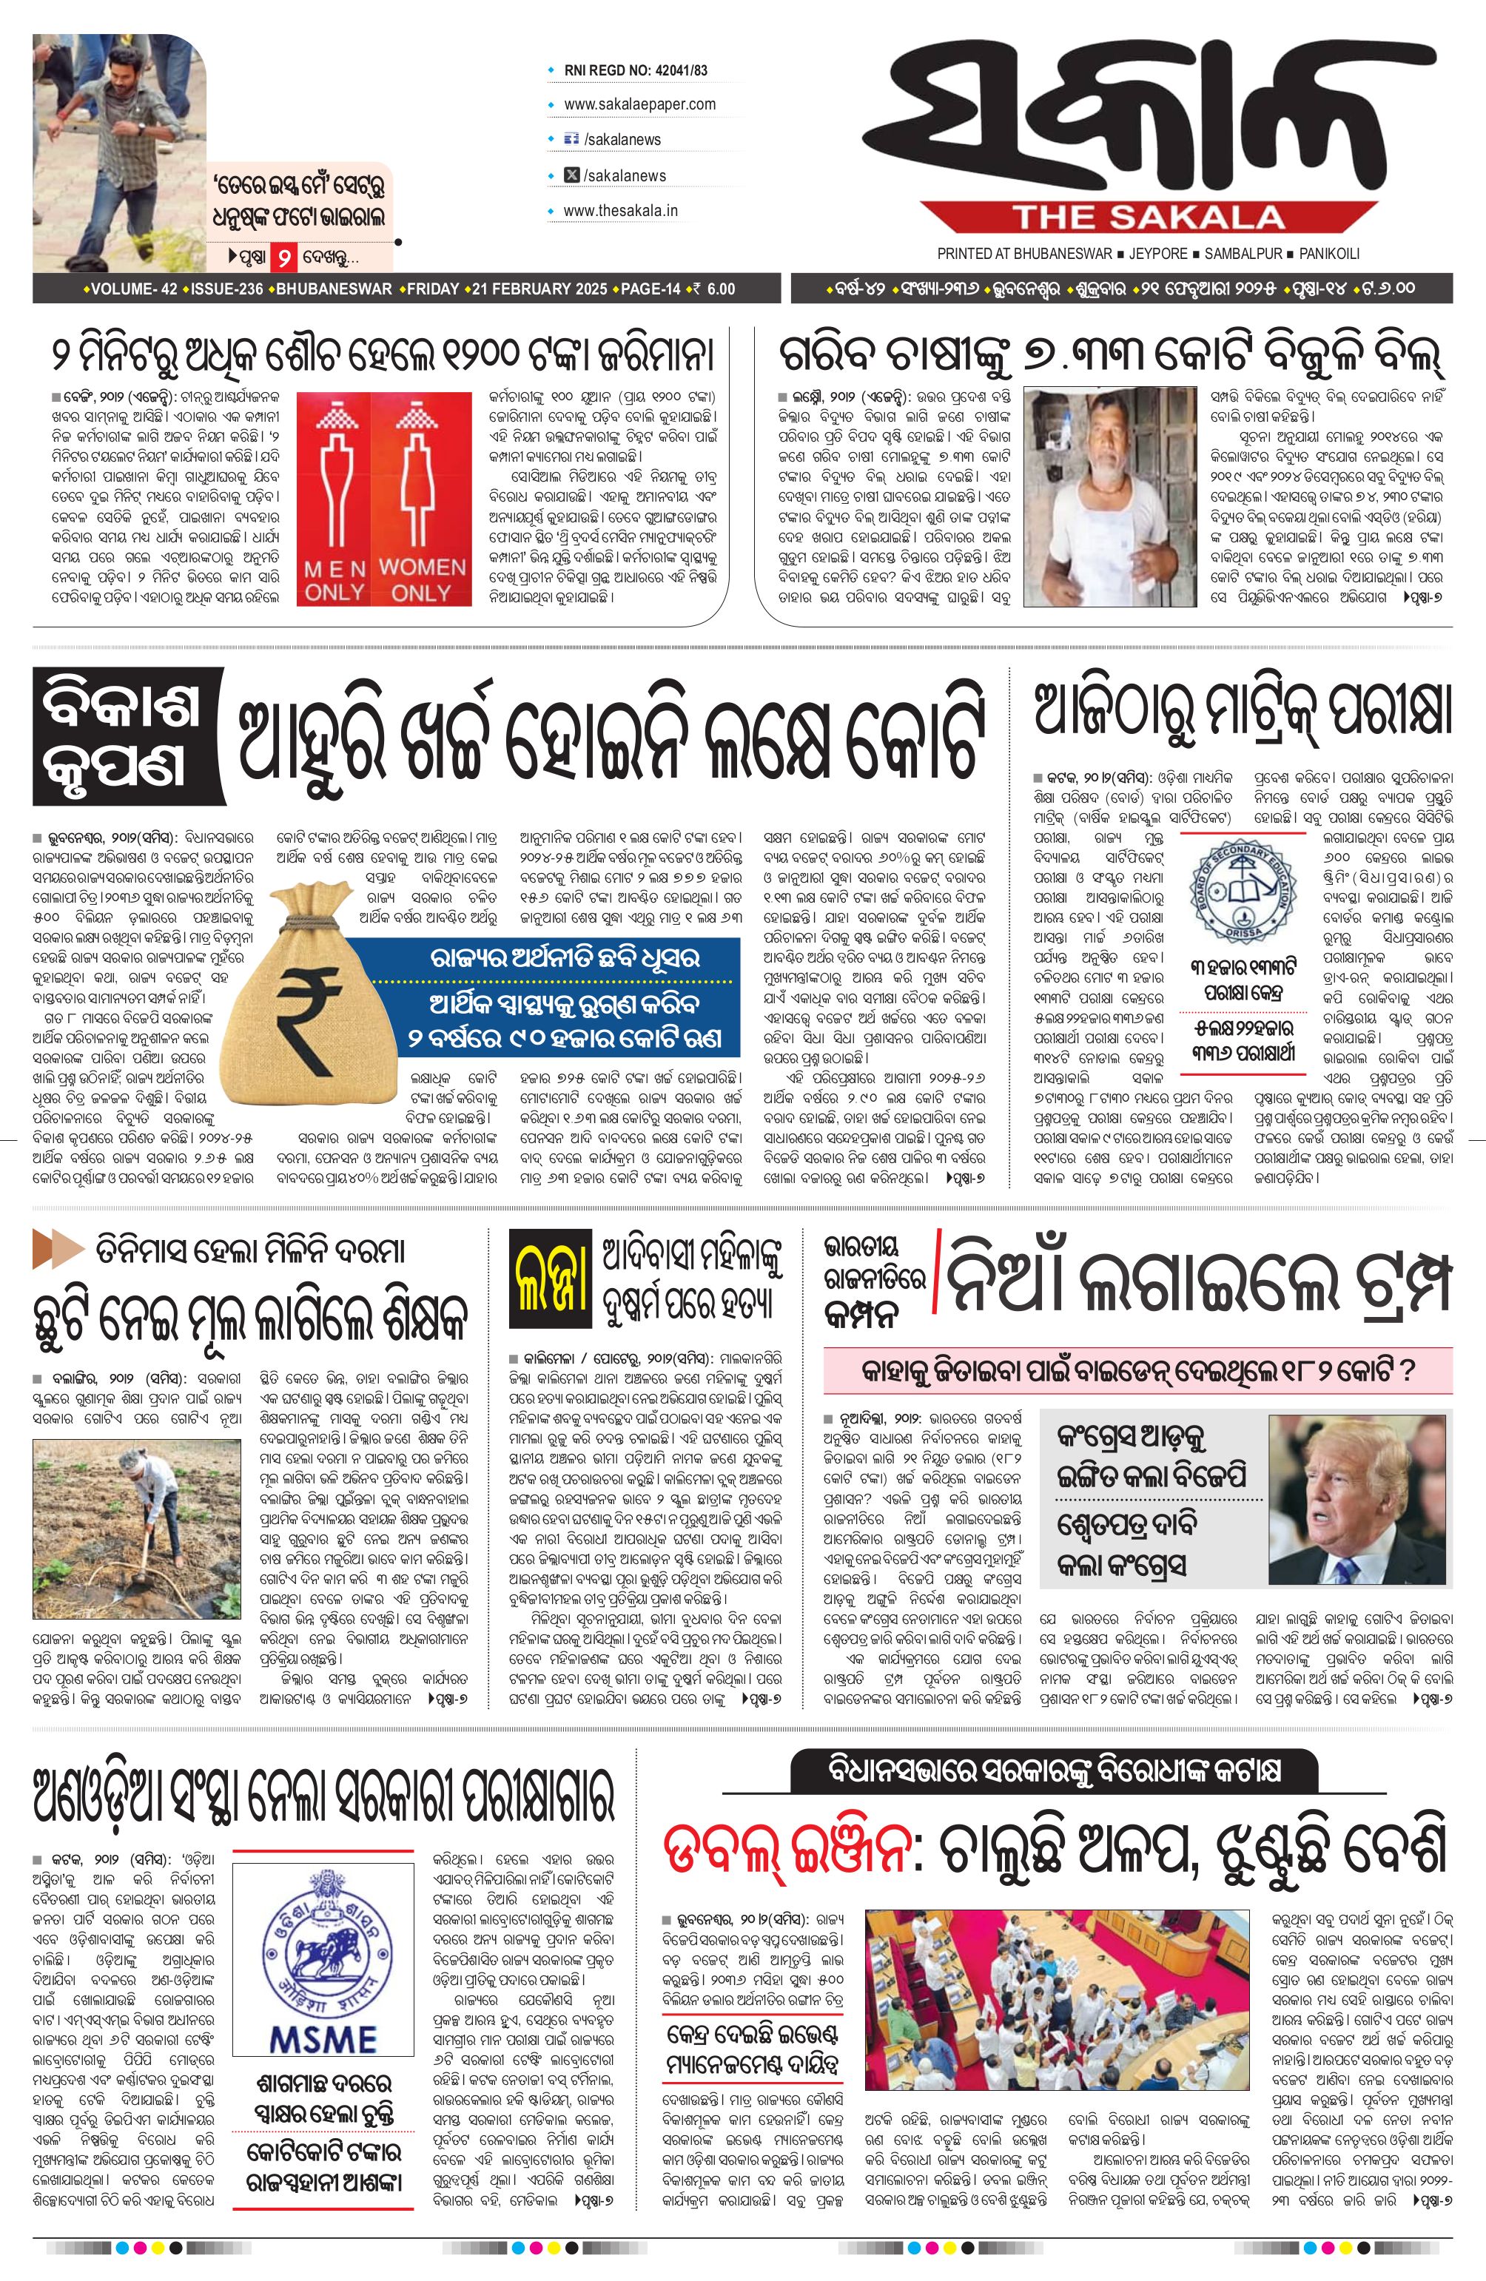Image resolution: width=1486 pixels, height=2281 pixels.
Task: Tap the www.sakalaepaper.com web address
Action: [x=639, y=104]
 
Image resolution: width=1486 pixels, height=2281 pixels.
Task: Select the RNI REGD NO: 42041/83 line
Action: [x=636, y=70]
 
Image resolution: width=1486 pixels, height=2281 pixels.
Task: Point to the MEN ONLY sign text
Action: [x=334, y=581]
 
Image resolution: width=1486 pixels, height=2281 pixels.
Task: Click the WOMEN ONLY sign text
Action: [x=421, y=581]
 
